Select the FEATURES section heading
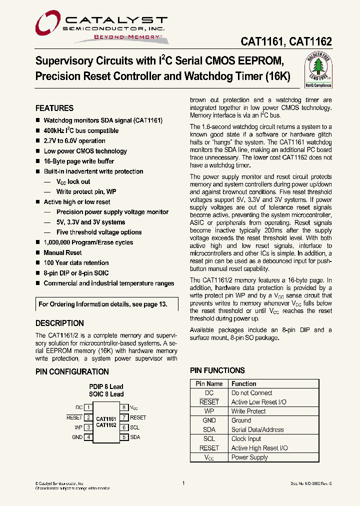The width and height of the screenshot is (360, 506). point(54,108)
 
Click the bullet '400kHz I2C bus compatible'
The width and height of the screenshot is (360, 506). point(81,131)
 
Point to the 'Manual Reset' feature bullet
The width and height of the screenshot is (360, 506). point(62,253)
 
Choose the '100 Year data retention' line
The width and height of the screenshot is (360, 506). point(76,263)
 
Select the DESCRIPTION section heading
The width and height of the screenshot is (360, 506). point(59,323)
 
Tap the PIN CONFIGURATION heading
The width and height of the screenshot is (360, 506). point(72,371)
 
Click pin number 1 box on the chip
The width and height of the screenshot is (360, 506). point(88,407)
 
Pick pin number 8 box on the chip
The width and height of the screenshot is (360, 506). point(123,407)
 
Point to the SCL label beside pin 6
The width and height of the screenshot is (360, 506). point(134,427)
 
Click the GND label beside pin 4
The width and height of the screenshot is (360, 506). point(77,437)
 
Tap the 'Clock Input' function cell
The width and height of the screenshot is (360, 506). point(246,439)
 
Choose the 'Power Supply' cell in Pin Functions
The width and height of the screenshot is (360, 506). point(249,457)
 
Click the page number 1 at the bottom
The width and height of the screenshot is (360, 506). point(183,483)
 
